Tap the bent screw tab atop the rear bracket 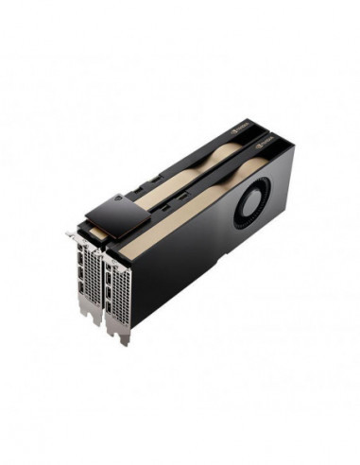pyautogui.click(x=72, y=233)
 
